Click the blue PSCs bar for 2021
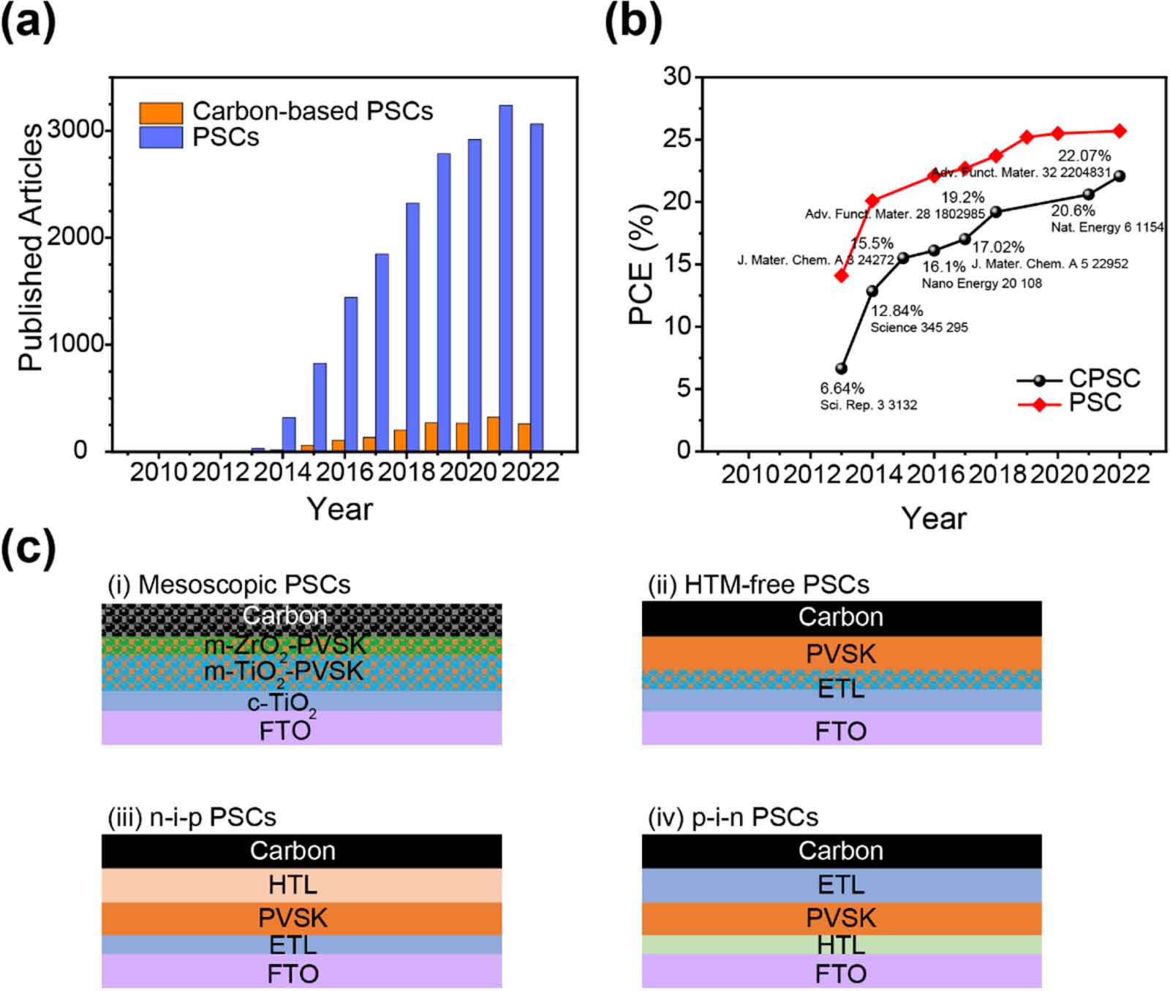[x=505, y=278]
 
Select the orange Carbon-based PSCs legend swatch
[x=161, y=113]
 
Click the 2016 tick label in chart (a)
[x=344, y=472]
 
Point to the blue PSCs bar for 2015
[x=320, y=407]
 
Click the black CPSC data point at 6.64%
[x=841, y=369]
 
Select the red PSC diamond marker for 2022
[x=1119, y=131]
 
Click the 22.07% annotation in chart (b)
[x=1084, y=156]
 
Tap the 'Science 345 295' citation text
[x=918, y=328]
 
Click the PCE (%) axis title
[x=641, y=264]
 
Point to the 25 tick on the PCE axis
[x=677, y=138]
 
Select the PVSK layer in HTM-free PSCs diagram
[x=841, y=654]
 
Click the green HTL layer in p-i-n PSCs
[x=841, y=945]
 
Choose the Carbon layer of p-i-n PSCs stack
[x=841, y=851]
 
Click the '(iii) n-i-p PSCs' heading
[x=192, y=817]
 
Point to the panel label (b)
[x=633, y=23]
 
